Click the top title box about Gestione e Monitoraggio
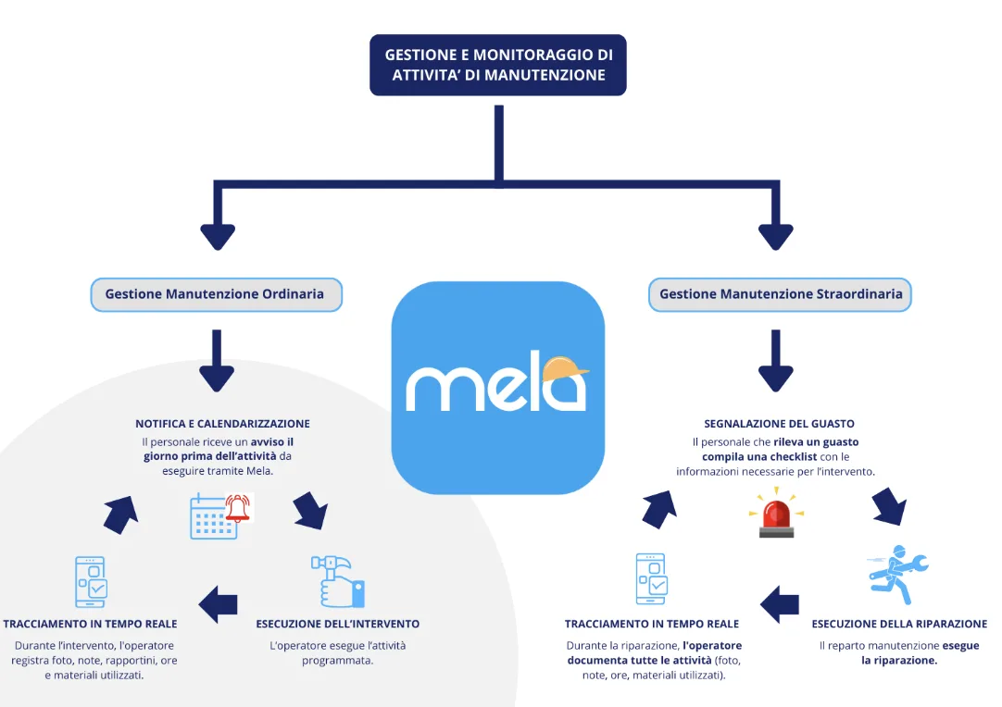click(498, 65)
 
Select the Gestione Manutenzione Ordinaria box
click(216, 294)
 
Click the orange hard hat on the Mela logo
click(565, 369)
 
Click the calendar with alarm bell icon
click(220, 515)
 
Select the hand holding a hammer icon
click(338, 580)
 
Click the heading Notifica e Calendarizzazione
click(223, 424)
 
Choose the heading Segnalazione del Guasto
click(779, 424)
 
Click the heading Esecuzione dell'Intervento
click(338, 624)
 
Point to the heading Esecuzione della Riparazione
click(899, 624)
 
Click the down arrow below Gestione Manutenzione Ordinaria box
click(217, 361)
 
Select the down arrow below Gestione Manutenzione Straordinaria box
click(776, 361)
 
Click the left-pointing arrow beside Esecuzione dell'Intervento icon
click(219, 604)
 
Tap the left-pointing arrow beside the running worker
click(780, 604)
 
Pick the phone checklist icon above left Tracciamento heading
click(90, 580)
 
